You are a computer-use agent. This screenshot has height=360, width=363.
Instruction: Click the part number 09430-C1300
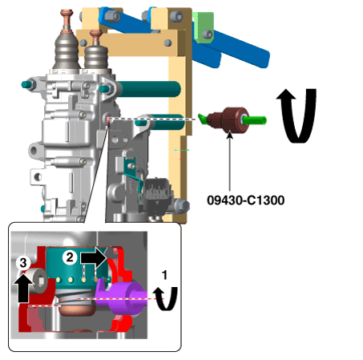pyautogui.click(x=245, y=200)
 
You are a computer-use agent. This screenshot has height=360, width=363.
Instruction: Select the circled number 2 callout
pyautogui.click(x=70, y=257)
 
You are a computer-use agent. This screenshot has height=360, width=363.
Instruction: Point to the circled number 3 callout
pyautogui.click(x=23, y=263)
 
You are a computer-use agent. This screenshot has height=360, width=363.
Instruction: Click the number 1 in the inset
pyautogui.click(x=164, y=275)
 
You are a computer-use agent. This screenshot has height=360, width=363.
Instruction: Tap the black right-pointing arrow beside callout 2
pyautogui.click(x=94, y=258)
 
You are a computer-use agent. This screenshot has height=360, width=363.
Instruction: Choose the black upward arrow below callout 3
pyautogui.click(x=23, y=288)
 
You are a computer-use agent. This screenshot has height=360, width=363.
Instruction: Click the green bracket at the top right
pyautogui.click(x=204, y=27)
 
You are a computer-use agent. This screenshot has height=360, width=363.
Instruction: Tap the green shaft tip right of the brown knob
pyautogui.click(x=255, y=120)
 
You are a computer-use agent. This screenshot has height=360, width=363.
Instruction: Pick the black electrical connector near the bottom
pyautogui.click(x=156, y=195)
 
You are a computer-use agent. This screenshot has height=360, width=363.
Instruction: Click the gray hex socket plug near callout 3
pyautogui.click(x=38, y=281)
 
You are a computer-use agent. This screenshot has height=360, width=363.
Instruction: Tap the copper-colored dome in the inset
pyautogui.click(x=78, y=310)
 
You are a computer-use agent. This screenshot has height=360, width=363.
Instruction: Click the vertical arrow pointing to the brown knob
pyautogui.click(x=230, y=160)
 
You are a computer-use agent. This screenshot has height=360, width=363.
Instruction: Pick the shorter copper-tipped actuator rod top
pyautogui.click(x=96, y=37)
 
